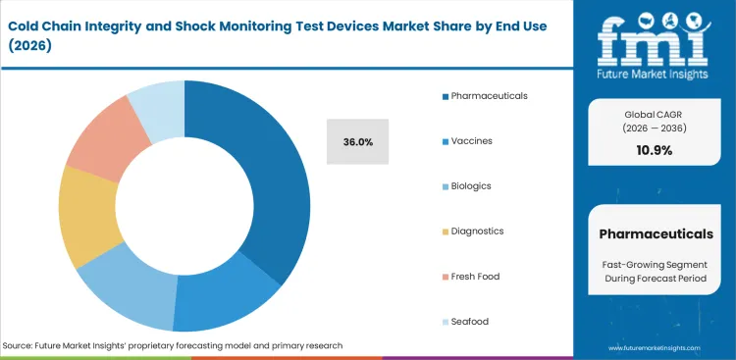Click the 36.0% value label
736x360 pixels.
point(357,142)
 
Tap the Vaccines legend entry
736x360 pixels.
point(472,140)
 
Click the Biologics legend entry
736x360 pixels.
point(471,185)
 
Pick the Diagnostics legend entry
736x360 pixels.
point(477,231)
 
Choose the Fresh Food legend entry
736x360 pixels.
point(475,276)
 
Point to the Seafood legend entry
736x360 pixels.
point(470,321)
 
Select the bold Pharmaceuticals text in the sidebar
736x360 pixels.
point(656,235)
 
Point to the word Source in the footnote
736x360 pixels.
point(20,346)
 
